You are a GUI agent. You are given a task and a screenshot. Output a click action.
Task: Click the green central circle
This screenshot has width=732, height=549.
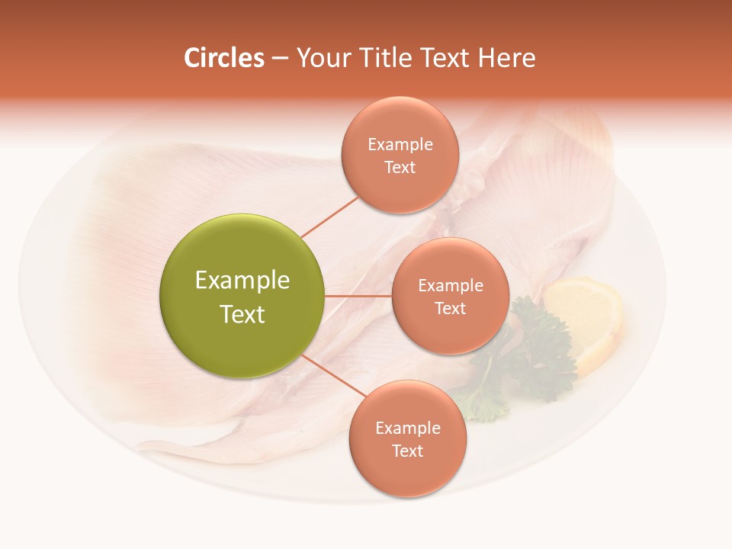click(242, 296)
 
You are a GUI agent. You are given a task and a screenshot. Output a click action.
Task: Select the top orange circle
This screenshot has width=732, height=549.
click(400, 155)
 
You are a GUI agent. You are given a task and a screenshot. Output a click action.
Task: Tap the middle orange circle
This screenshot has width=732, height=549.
click(450, 296)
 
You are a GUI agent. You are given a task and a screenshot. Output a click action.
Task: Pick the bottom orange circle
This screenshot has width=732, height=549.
click(407, 438)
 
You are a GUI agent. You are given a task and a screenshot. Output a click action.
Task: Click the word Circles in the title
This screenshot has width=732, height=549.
click(224, 58)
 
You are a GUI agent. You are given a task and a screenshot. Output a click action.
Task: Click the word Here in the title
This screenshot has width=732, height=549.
click(507, 58)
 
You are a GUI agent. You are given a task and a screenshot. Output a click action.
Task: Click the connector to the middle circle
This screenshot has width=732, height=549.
click(358, 295)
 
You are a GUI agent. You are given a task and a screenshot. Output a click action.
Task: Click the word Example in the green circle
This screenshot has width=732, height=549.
click(242, 281)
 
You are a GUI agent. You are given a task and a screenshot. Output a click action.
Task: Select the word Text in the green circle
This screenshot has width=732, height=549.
click(242, 314)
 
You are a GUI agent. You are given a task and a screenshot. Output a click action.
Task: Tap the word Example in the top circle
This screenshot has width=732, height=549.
click(400, 144)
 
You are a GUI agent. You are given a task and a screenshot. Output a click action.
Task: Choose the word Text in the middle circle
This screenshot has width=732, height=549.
click(450, 308)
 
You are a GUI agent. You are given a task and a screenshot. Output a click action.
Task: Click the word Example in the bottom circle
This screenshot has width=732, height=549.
click(407, 428)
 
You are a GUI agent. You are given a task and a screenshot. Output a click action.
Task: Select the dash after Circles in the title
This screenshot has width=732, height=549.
click(280, 59)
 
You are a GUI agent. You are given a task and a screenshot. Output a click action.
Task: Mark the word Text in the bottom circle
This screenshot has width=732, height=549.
click(407, 451)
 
